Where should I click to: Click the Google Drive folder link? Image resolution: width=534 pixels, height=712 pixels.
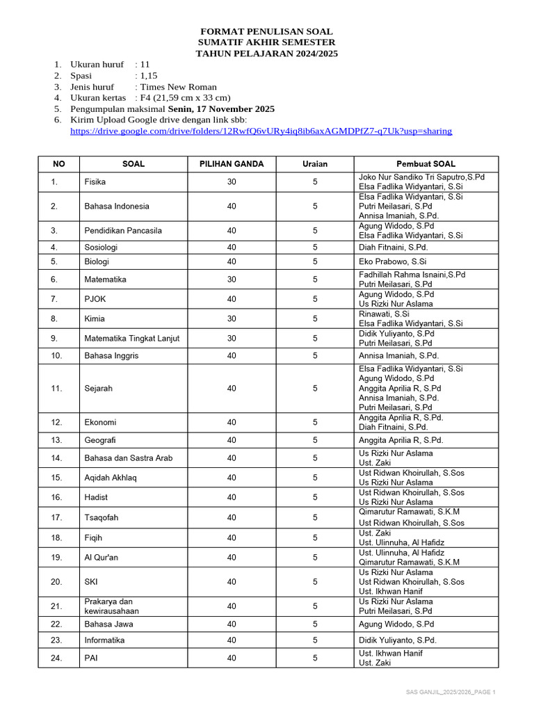(x=261, y=131)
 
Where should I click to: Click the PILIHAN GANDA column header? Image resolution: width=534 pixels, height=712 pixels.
(x=232, y=164)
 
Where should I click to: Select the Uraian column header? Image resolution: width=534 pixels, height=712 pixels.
(x=314, y=164)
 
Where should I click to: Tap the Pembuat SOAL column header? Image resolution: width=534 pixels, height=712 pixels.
(x=426, y=164)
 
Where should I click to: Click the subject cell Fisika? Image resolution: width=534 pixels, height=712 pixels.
(x=96, y=182)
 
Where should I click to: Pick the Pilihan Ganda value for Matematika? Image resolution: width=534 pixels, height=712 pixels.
(x=232, y=280)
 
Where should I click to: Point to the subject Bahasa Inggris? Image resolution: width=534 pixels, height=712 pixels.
(x=111, y=355)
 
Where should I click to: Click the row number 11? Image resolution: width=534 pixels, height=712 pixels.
(x=57, y=389)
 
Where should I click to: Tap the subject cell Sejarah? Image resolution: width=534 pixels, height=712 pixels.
(x=98, y=389)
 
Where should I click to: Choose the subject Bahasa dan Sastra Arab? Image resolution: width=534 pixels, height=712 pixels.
(x=128, y=458)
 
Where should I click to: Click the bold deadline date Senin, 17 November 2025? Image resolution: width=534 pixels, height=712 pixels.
(x=221, y=109)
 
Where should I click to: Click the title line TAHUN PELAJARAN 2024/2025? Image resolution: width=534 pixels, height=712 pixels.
(x=266, y=54)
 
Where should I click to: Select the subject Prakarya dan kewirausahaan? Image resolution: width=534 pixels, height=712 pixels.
(x=111, y=606)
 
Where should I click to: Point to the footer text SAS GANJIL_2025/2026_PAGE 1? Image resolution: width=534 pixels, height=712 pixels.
(x=451, y=693)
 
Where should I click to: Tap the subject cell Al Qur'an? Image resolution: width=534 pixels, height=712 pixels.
(x=101, y=558)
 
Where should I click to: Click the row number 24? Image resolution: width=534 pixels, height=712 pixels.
(x=57, y=658)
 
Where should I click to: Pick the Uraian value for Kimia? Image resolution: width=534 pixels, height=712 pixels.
(x=314, y=319)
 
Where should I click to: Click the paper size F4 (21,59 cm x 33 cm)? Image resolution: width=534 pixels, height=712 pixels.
(x=185, y=98)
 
